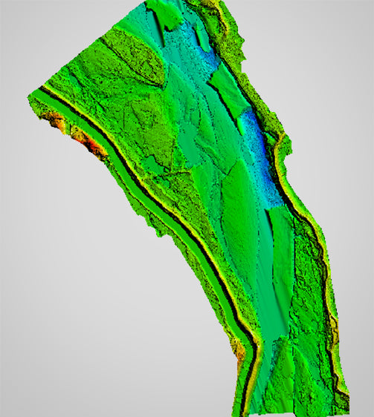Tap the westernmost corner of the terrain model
[30, 94]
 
